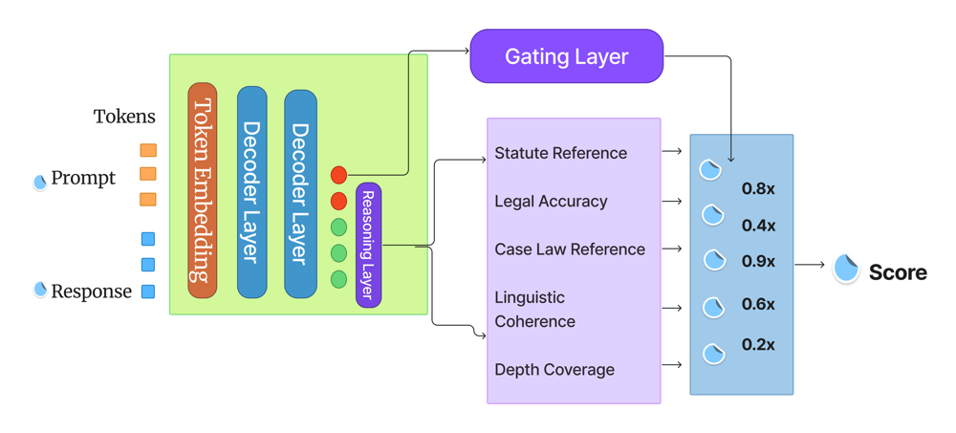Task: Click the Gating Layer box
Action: [x=566, y=56]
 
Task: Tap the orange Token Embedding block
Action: [x=203, y=190]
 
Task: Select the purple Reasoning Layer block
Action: [x=368, y=245]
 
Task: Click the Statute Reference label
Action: [x=560, y=153]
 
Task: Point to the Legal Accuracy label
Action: [x=551, y=202]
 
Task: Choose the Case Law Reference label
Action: [x=570, y=249]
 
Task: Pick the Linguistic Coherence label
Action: [x=534, y=310]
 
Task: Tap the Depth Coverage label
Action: [x=554, y=370]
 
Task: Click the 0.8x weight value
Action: [x=758, y=189]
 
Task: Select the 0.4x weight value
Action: [x=758, y=227]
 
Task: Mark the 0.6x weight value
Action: [x=758, y=305]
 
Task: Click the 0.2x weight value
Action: [x=758, y=345]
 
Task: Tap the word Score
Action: [x=898, y=272]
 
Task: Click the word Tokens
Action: [x=124, y=117]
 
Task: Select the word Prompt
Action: [x=83, y=179]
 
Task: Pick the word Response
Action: [x=91, y=292]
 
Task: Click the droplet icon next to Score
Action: [x=846, y=269]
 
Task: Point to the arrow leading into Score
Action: [x=810, y=265]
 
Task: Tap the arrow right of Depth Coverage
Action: [x=672, y=365]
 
